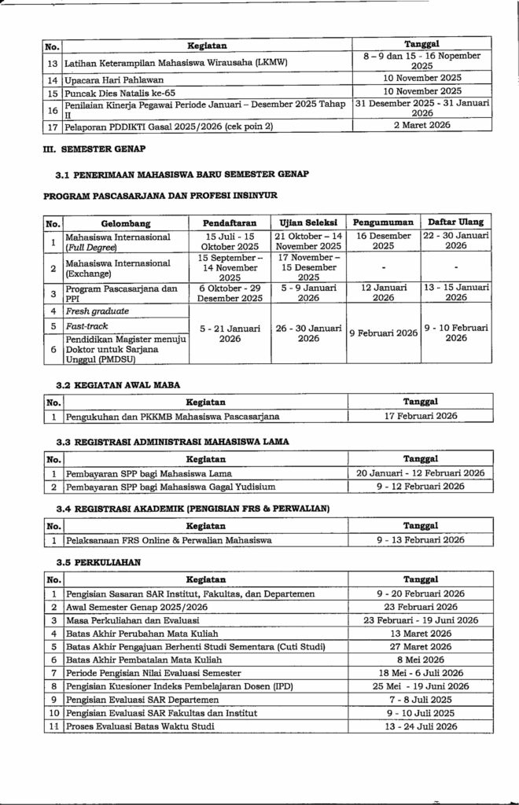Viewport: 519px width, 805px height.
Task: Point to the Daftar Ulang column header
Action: click(x=455, y=222)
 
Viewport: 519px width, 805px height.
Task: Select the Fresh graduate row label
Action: click(x=91, y=311)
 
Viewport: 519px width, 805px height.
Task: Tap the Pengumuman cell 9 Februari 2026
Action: click(x=384, y=333)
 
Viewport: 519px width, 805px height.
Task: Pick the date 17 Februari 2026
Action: click(x=421, y=416)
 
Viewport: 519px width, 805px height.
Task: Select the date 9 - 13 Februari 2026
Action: click(x=421, y=540)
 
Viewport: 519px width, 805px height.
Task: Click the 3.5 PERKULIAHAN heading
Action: click(x=98, y=561)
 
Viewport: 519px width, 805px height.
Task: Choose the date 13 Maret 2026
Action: click(x=421, y=633)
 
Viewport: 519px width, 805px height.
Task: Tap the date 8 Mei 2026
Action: click(x=421, y=660)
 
